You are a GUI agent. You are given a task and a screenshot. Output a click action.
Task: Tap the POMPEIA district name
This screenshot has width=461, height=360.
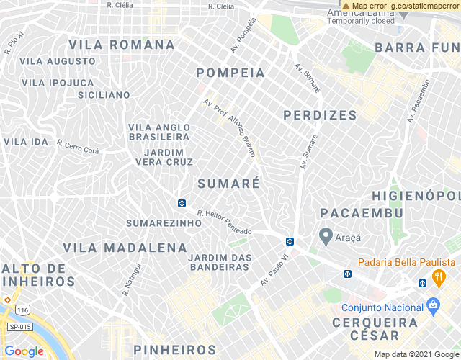tap(230, 73)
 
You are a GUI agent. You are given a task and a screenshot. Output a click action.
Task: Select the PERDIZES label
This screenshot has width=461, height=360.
tap(320, 115)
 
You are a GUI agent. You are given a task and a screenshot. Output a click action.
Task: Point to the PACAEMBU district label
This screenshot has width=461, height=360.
tap(361, 213)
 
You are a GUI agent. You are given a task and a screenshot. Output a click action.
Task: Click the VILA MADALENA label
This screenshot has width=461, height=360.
tap(125, 248)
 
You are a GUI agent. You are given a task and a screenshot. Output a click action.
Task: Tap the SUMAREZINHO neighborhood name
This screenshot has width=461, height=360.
tap(164, 223)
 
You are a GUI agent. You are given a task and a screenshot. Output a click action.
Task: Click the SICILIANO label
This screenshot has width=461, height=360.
tap(104, 95)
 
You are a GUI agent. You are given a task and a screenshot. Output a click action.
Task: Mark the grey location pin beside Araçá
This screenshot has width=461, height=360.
tap(326, 235)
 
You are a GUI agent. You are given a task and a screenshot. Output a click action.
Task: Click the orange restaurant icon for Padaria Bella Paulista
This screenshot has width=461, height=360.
tap(437, 276)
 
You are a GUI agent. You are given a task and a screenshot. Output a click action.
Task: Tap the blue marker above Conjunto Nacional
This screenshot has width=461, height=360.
tap(433, 304)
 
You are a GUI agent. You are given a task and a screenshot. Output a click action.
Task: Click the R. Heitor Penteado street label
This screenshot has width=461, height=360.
tap(224, 222)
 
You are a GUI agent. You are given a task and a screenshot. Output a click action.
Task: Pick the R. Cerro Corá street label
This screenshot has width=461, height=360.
tap(77, 147)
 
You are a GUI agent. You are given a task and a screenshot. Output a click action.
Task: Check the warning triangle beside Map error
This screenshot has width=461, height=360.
tap(346, 6)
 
